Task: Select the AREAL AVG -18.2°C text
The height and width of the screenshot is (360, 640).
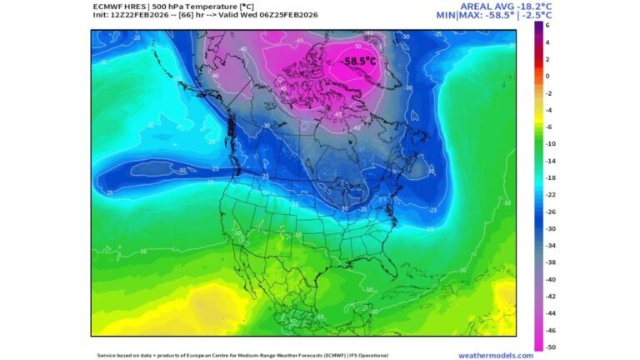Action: click(x=494, y=6)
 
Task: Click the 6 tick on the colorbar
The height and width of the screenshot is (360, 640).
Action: click(x=547, y=25)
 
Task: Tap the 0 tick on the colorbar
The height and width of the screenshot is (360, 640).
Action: click(x=547, y=76)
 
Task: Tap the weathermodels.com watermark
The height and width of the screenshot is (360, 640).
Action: click(x=496, y=355)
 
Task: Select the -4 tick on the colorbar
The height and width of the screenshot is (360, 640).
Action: click(x=547, y=110)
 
